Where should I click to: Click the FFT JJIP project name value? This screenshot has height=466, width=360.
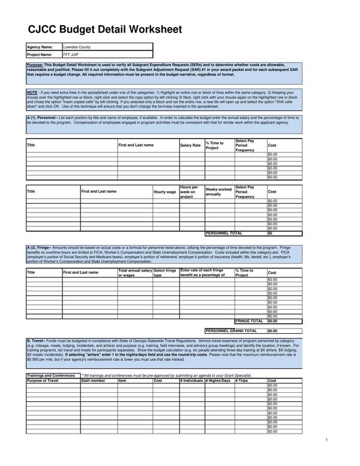point(71,54)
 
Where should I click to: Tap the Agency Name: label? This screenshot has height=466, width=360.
point(40,46)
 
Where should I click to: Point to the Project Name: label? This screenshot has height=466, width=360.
point(40,54)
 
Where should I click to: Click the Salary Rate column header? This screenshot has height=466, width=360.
point(190,145)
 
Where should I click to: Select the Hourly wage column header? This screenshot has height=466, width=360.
point(165,192)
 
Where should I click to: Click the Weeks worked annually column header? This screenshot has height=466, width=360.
point(218,192)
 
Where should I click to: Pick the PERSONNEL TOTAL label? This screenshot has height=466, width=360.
point(224,233)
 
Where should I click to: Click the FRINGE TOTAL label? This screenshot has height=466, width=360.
point(249,321)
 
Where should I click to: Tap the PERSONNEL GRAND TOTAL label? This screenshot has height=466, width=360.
point(231,330)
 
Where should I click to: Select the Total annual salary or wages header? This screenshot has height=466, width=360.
point(135,273)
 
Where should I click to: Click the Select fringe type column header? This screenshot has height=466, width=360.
point(165,273)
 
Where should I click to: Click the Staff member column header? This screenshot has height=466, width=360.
point(93,380)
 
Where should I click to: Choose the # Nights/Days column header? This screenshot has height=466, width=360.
point(218,380)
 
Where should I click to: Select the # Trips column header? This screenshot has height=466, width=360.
point(242,380)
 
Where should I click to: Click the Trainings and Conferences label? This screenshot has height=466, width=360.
point(51,375)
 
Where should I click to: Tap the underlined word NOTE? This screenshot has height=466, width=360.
point(32,92)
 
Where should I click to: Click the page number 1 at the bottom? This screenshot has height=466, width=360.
point(326,440)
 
